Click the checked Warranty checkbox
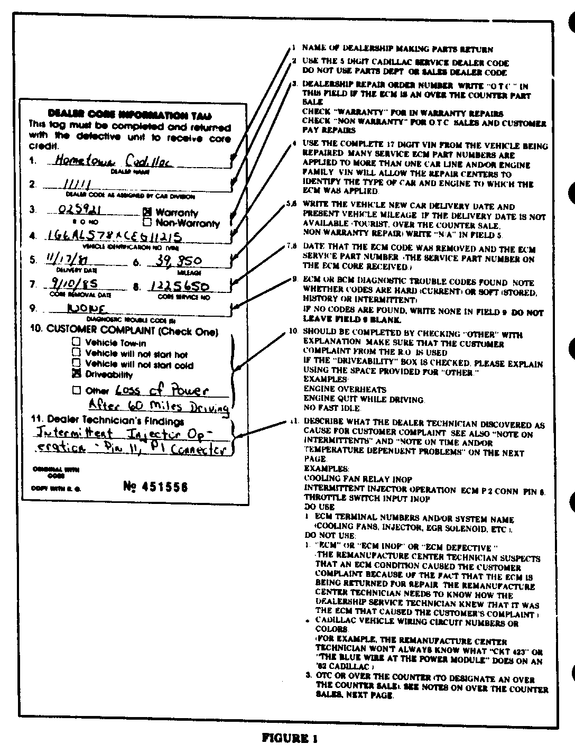(x=147, y=212)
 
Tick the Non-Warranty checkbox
(x=147, y=223)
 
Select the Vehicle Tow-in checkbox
(x=77, y=342)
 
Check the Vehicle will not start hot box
(x=77, y=353)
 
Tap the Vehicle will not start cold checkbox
(x=77, y=363)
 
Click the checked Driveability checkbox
(x=77, y=374)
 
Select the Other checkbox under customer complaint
(x=77, y=390)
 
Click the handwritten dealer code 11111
(x=77, y=185)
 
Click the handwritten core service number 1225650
(x=179, y=286)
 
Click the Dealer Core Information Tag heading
(x=129, y=115)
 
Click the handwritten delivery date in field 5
(x=62, y=260)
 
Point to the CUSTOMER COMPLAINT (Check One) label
(x=124, y=331)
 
